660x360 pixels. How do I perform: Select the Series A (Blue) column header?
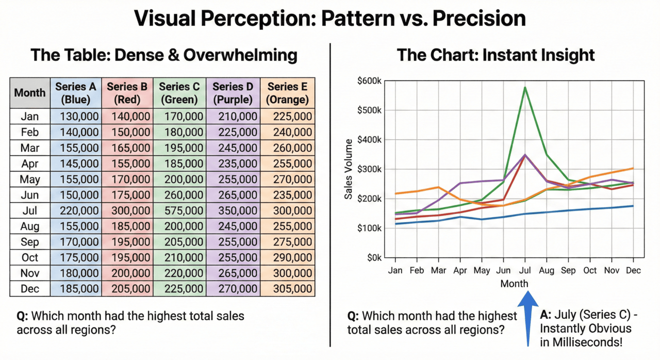click(76, 93)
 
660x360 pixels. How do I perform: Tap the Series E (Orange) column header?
click(288, 93)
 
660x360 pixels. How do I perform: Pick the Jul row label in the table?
click(30, 210)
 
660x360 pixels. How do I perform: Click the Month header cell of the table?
click(30, 93)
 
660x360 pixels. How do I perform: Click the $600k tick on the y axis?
click(369, 80)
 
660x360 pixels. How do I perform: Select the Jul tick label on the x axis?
click(525, 270)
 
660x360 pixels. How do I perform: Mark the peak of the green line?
click(525, 88)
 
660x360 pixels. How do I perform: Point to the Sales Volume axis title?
click(349, 169)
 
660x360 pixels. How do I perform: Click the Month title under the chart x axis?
click(514, 284)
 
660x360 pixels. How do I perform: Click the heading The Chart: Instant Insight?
click(496, 55)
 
